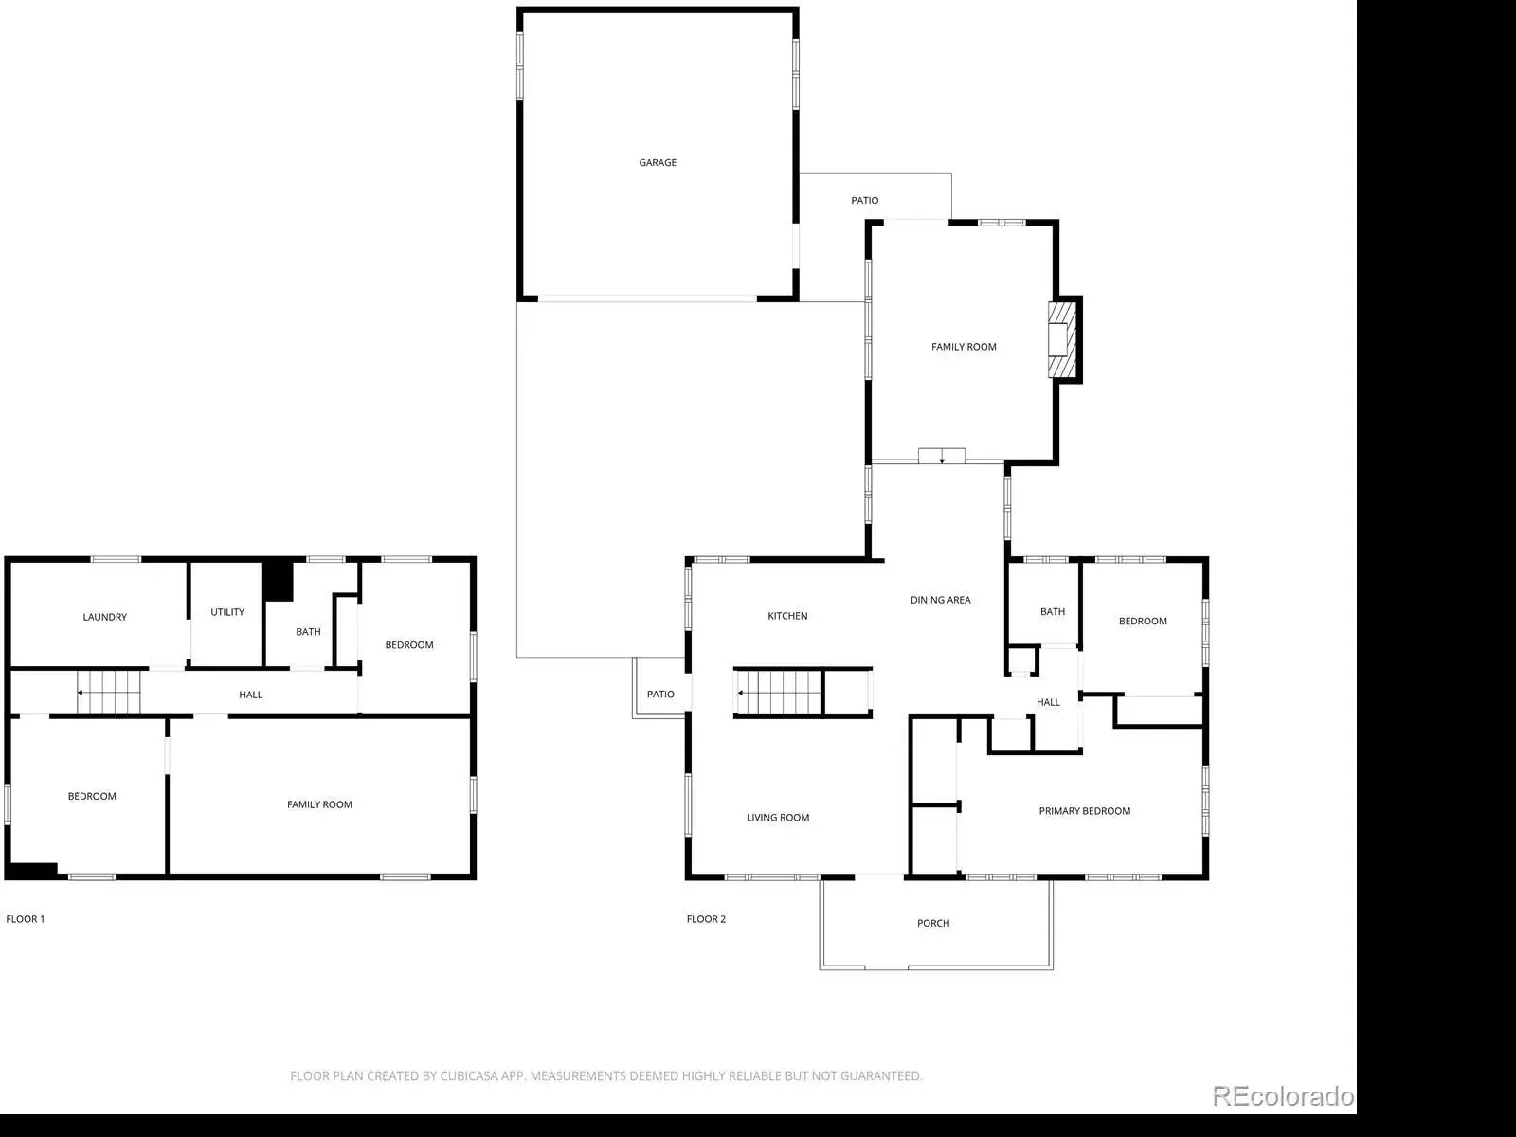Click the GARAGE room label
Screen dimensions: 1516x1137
pyautogui.click(x=658, y=162)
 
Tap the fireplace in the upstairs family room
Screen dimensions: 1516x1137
pyautogui.click(x=1062, y=339)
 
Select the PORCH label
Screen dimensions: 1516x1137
pyautogui.click(x=933, y=923)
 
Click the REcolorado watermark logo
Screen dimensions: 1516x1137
pyautogui.click(x=1283, y=1096)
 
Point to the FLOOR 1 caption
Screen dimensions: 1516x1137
pyautogui.click(x=26, y=919)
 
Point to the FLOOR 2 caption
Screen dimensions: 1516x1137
pyautogui.click(x=706, y=919)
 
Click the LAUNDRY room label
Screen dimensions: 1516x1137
pyautogui.click(x=105, y=617)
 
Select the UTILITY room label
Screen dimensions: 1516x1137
pyautogui.click(x=227, y=612)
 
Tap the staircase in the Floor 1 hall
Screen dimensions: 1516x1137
pyautogui.click(x=108, y=693)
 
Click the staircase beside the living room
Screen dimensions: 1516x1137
pyautogui.click(x=780, y=693)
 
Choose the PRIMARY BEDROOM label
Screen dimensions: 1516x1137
pyautogui.click(x=1084, y=811)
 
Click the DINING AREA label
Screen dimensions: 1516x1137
pyautogui.click(x=940, y=600)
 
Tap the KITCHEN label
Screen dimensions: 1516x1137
pyautogui.click(x=787, y=616)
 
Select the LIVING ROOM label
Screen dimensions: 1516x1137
pyautogui.click(x=778, y=818)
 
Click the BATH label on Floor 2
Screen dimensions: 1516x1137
pyautogui.click(x=1053, y=612)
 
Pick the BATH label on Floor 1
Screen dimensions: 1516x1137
pyautogui.click(x=308, y=632)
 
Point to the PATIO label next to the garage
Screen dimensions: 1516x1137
pyautogui.click(x=865, y=200)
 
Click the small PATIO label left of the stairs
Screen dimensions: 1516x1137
pyautogui.click(x=660, y=695)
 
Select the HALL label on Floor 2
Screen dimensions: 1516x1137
pyautogui.click(x=1048, y=702)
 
